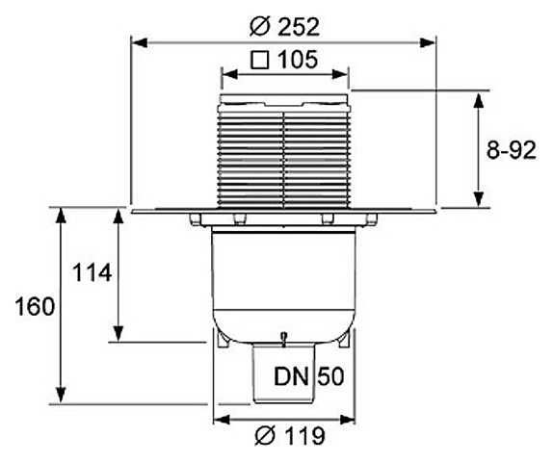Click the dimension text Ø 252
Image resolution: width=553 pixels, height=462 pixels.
[284, 26]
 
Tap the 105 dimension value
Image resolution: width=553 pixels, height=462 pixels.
[298, 60]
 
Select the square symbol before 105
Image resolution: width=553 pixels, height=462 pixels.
[260, 60]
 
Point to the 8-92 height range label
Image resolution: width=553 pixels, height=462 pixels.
[511, 150]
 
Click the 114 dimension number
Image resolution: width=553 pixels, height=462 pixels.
[92, 272]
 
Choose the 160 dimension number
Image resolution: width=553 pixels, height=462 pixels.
[35, 306]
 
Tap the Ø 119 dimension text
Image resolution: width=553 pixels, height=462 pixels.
[290, 436]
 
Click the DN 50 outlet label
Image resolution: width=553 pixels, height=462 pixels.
[308, 376]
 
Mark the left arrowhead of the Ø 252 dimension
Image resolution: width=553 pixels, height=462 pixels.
[139, 43]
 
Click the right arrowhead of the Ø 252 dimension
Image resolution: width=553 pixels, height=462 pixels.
[428, 43]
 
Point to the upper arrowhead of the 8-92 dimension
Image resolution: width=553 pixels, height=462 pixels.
[478, 101]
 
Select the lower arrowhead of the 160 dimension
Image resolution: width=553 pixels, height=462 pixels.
[62, 395]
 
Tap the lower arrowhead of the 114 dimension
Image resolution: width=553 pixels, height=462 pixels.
[118, 333]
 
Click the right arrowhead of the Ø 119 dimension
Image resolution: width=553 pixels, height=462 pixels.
[347, 420]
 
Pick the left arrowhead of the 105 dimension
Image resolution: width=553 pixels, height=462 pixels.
[229, 74]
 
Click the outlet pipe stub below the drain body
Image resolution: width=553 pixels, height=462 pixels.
[283, 374]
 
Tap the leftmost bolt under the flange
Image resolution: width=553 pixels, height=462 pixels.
[194, 219]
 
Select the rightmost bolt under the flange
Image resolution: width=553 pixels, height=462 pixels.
[372, 219]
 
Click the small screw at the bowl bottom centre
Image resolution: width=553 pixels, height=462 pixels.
[282, 340]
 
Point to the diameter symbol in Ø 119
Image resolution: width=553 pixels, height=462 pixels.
[265, 436]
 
